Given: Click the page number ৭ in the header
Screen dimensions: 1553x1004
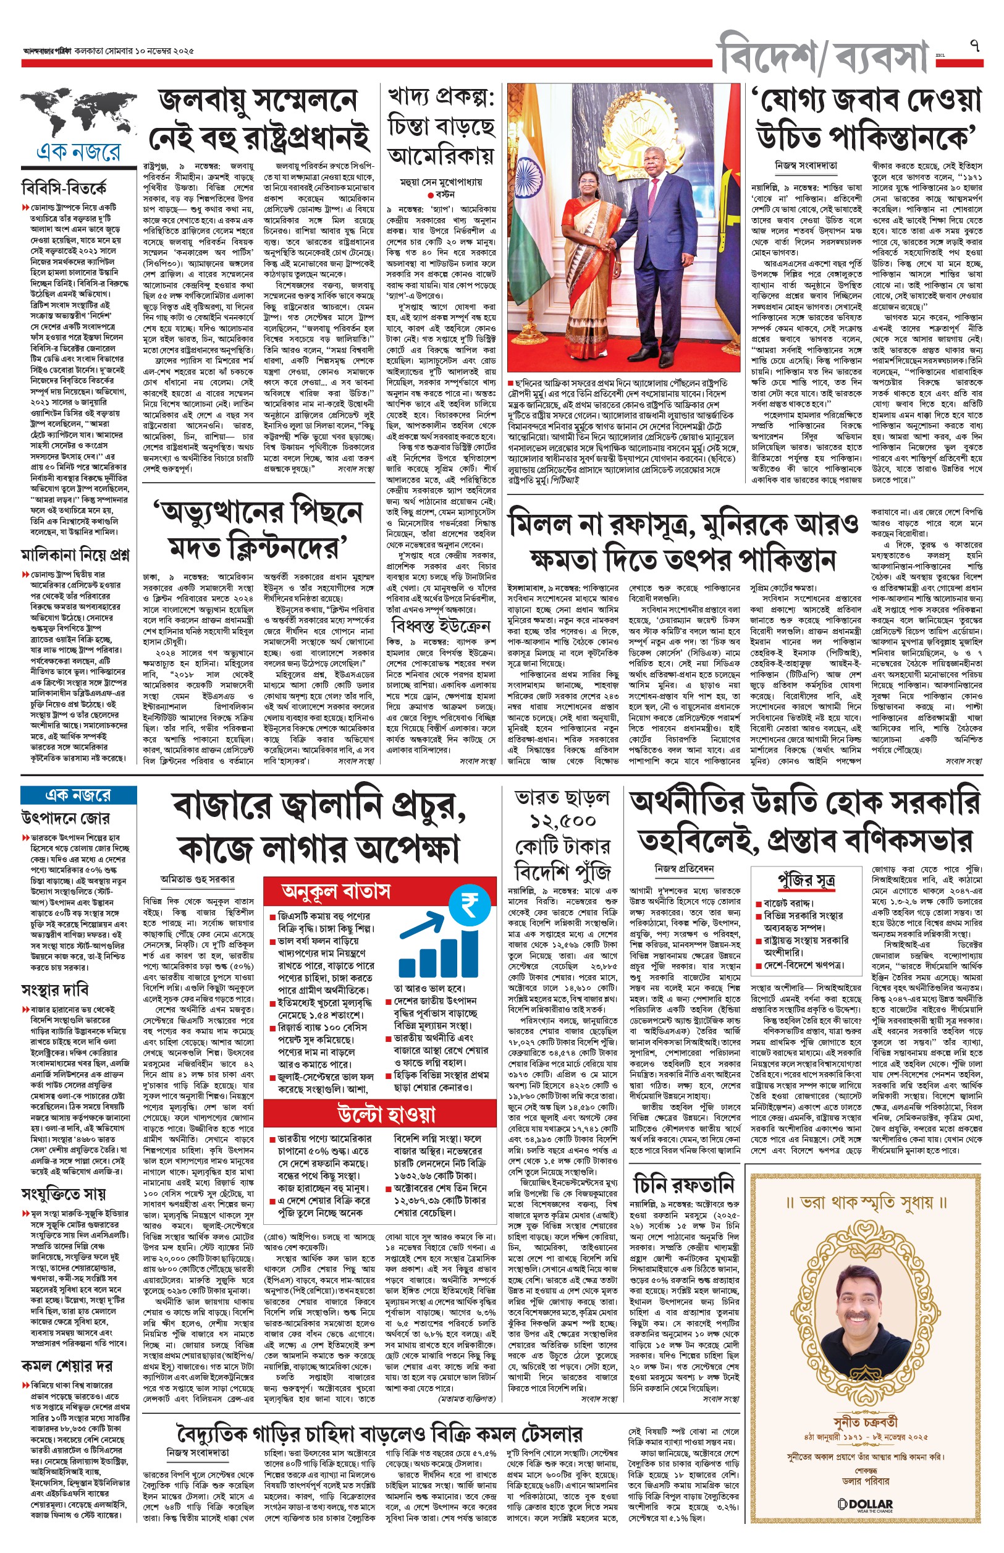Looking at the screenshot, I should tap(975, 46).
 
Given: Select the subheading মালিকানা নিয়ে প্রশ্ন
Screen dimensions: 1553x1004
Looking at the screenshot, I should tap(75, 556).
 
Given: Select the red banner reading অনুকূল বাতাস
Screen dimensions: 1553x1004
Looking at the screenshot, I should tap(335, 891).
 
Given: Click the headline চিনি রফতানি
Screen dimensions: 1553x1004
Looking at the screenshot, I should tap(684, 1184).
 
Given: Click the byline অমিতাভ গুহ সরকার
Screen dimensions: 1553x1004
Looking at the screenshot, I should tap(198, 879).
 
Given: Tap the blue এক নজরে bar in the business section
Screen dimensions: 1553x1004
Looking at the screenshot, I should tap(78, 795).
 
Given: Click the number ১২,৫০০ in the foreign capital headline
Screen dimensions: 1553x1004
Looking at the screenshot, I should tap(563, 820).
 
